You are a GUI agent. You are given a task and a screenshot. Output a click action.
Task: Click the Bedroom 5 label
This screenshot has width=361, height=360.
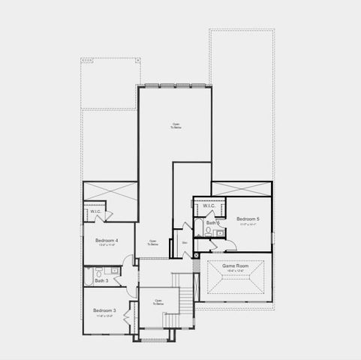[248, 219]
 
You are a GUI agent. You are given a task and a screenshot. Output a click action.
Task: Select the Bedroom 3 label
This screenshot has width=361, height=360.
[104, 310]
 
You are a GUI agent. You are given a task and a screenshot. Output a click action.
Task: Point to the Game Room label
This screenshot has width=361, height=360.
[235, 266]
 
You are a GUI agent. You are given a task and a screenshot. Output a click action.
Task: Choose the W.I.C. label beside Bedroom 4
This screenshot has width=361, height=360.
[95, 211]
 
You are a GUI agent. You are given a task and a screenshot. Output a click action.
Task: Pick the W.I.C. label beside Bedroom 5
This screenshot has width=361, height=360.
[209, 206]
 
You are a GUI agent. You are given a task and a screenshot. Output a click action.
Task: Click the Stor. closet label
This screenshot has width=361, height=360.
[185, 242]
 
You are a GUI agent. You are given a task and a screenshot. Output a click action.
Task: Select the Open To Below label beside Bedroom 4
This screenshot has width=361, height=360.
[152, 243]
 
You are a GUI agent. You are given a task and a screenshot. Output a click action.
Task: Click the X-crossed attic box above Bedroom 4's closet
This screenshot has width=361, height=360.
[110, 192]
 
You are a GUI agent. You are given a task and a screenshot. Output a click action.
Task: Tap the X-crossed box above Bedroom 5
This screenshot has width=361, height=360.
[240, 187]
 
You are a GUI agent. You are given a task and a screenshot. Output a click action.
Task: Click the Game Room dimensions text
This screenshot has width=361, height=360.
[235, 271]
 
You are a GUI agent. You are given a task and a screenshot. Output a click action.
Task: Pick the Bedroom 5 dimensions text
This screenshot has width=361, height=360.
[248, 224]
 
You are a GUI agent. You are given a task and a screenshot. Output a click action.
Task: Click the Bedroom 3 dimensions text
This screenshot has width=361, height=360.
[104, 316]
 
